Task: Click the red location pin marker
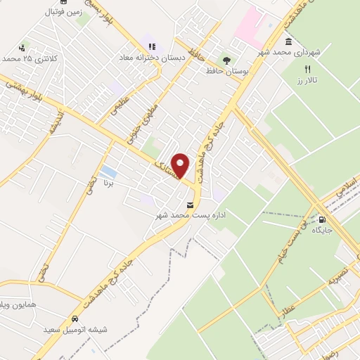point(181,165)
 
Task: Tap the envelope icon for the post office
point(188,205)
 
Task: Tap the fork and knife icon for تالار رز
point(307,68)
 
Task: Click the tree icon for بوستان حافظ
point(226,60)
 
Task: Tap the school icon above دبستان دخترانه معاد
point(151,47)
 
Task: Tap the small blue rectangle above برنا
point(109,172)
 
